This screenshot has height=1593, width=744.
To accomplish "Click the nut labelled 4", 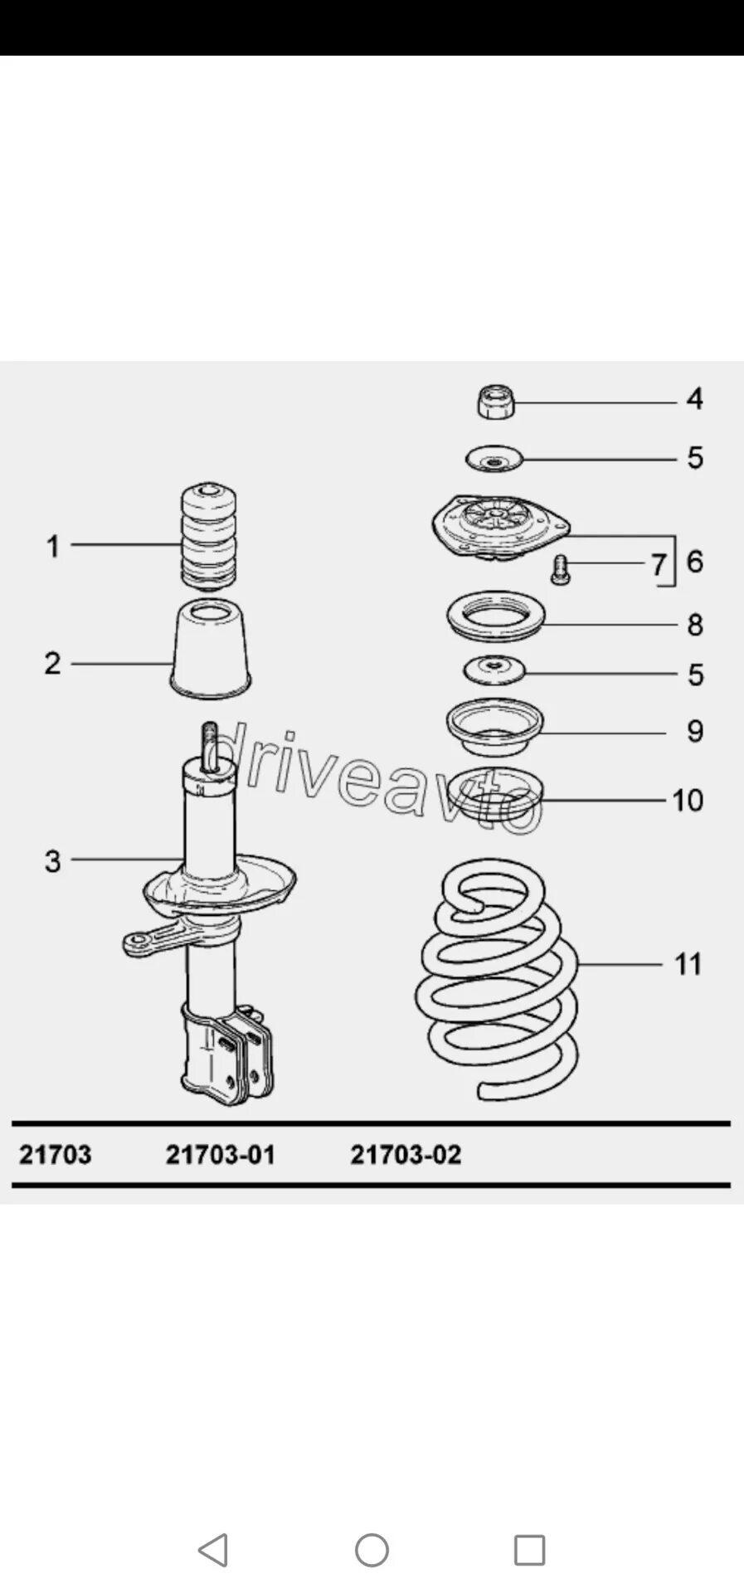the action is [496, 402].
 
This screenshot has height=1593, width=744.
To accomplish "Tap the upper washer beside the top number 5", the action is [494, 459].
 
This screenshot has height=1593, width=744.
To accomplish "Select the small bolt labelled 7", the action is [561, 569].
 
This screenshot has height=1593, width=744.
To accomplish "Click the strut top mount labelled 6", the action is [500, 528].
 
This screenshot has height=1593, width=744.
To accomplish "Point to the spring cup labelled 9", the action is [494, 727].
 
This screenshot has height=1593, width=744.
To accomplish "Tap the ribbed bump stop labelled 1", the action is [210, 537].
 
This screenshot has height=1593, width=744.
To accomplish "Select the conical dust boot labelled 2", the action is [211, 648].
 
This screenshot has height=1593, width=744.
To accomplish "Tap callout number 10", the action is [688, 800].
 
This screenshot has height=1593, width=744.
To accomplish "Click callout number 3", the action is [52, 860].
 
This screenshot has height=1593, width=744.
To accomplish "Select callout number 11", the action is [688, 964].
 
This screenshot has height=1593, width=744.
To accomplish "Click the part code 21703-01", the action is [221, 1154].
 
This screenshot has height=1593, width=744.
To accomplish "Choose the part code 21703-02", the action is [406, 1154].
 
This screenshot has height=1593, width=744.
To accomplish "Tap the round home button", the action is [372, 1549].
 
